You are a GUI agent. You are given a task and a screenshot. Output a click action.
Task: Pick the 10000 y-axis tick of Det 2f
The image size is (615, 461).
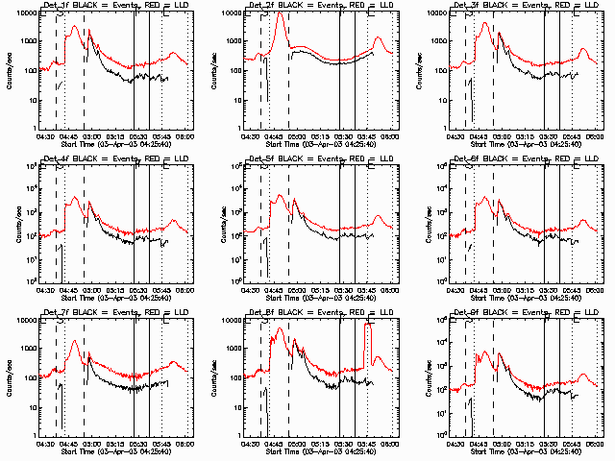pyautogui.click(x=232, y=13)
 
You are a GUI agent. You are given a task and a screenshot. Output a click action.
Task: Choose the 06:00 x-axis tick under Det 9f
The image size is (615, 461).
pyautogui.click(x=595, y=444)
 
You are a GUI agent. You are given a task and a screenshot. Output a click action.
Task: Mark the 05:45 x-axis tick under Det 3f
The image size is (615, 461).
pyautogui.click(x=572, y=136)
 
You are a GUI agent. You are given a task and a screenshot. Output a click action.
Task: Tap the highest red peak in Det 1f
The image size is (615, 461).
pyautogui.click(x=75, y=27)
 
